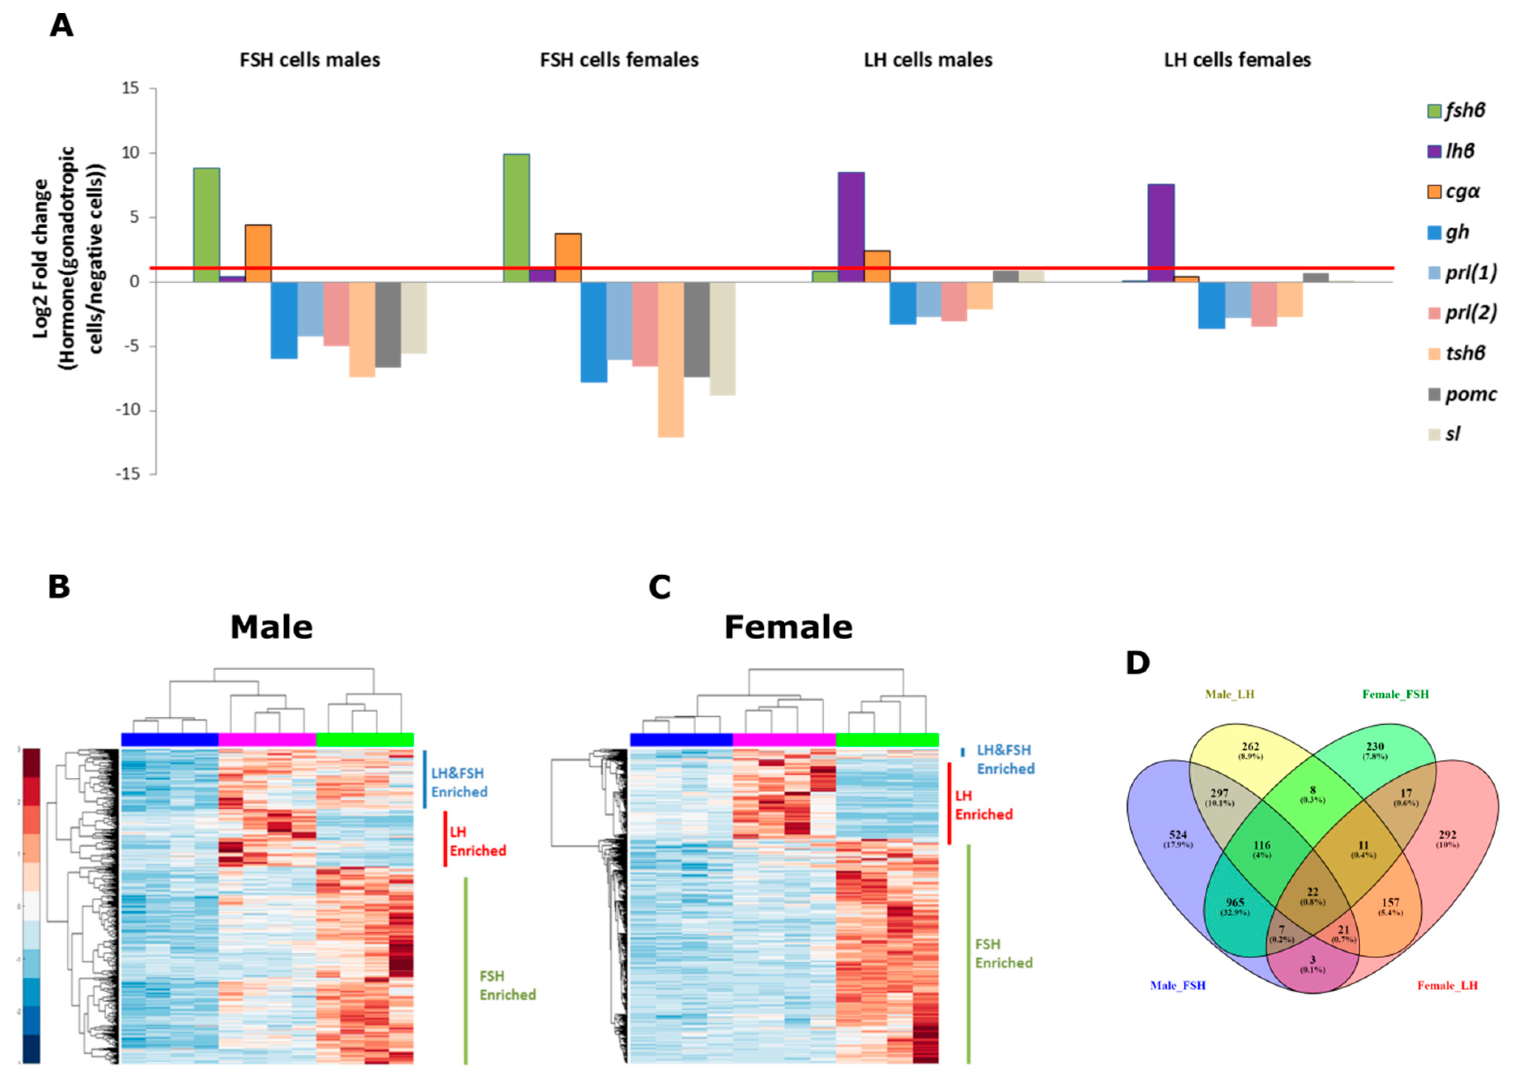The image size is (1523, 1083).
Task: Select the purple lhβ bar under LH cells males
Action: pyautogui.click(x=851, y=227)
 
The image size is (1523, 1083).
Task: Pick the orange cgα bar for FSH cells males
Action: pyautogui.click(x=258, y=253)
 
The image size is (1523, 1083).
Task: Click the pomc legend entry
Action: pyautogui.click(x=1460, y=394)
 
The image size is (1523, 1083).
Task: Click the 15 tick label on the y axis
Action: pyautogui.click(x=131, y=88)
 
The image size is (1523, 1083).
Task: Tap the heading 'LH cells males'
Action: pyautogui.click(x=927, y=60)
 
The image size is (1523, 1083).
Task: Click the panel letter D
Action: pyautogui.click(x=1138, y=662)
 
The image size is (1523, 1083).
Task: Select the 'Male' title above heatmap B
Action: pyautogui.click(x=271, y=627)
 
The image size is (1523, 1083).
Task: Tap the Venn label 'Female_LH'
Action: pyautogui.click(x=1447, y=985)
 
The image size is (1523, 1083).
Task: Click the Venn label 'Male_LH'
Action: pyautogui.click(x=1229, y=694)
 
